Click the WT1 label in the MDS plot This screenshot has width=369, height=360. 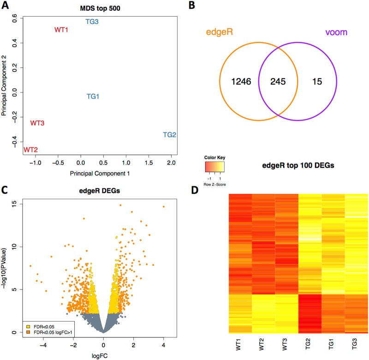[x=61, y=30]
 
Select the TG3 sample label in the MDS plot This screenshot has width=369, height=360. [x=92, y=22]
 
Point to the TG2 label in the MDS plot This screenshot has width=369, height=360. [x=169, y=135]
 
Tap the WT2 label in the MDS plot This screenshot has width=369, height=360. [x=30, y=150]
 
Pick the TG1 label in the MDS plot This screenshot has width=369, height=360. [x=93, y=96]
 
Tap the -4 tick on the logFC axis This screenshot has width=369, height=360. [x=43, y=343]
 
